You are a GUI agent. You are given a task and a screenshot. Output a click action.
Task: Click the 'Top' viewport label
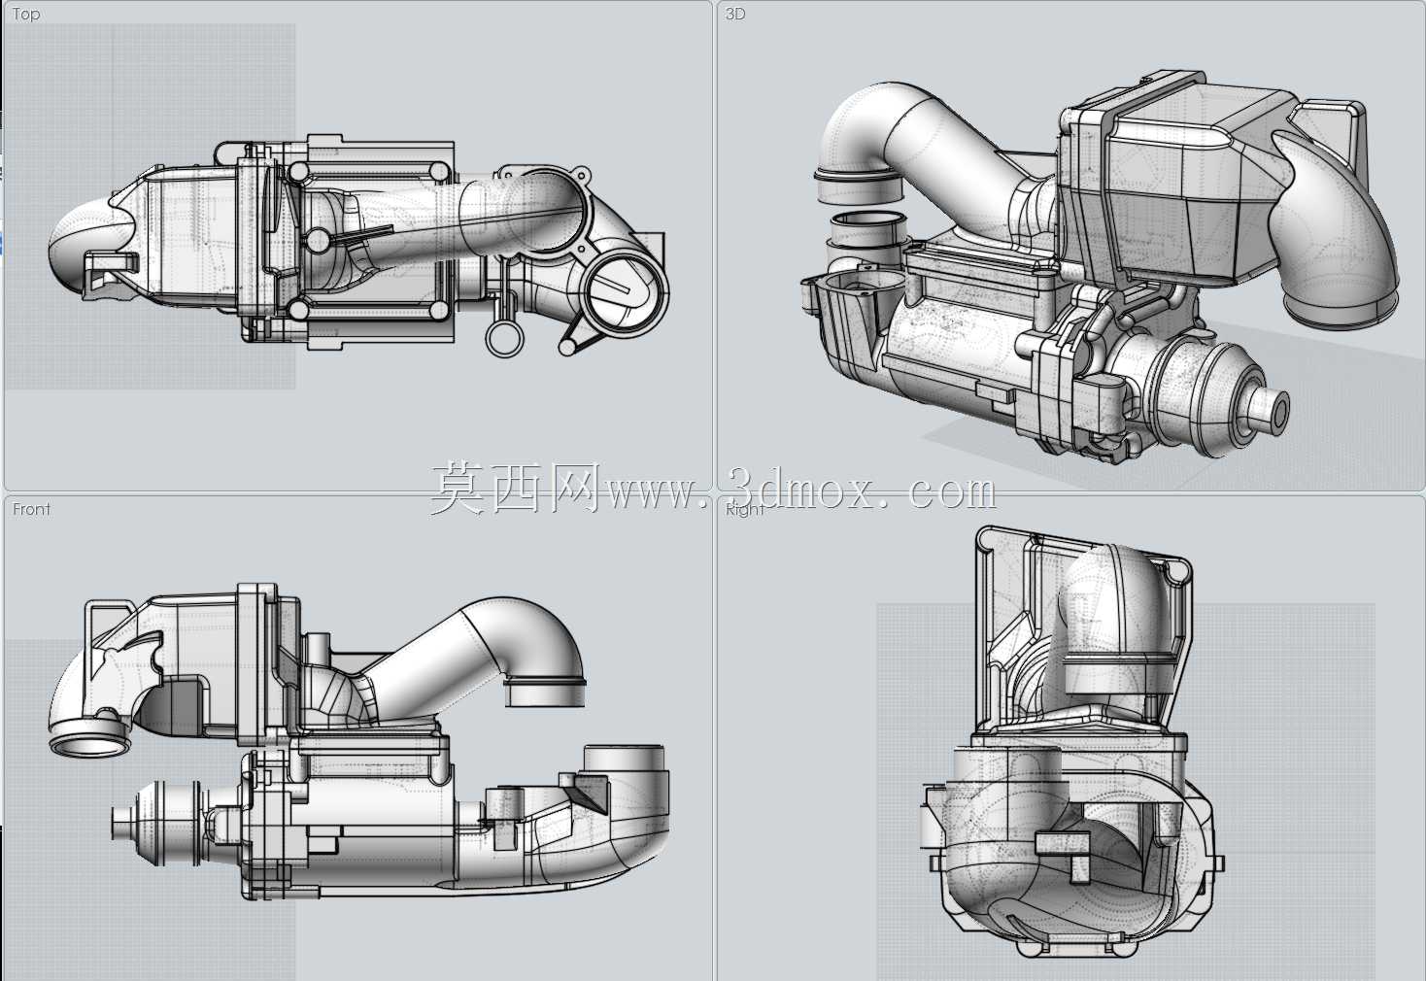pyautogui.click(x=26, y=14)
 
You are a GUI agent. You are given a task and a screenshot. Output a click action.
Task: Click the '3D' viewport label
pyautogui.click(x=734, y=14)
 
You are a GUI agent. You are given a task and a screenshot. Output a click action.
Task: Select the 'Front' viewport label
pyautogui.click(x=31, y=509)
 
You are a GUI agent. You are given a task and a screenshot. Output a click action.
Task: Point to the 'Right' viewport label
pyautogui.click(x=744, y=509)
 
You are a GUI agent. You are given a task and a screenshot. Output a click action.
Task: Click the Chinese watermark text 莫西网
pyautogui.click(x=516, y=489)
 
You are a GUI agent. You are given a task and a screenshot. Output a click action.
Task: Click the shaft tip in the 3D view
pyautogui.click(x=1268, y=409)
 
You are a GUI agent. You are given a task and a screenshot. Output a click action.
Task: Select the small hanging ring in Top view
pyautogui.click(x=505, y=337)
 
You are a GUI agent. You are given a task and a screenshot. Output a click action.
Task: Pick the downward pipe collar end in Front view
pyautogui.click(x=545, y=693)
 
